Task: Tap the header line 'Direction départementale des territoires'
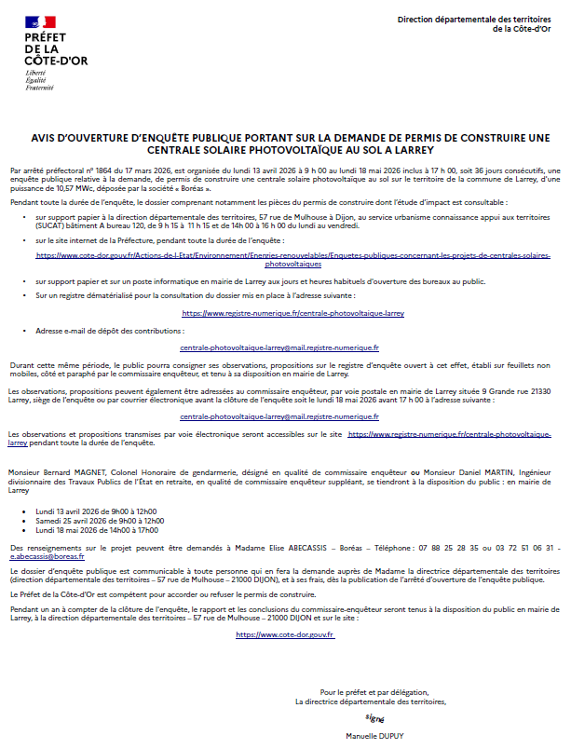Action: (474, 20)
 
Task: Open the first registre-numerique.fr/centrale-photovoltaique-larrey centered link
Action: (292, 314)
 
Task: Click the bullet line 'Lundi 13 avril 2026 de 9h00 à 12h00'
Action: (96, 512)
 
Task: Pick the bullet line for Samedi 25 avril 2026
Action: (100, 521)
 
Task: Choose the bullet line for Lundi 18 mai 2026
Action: (97, 530)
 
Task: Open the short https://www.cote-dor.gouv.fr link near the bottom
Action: (285, 634)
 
